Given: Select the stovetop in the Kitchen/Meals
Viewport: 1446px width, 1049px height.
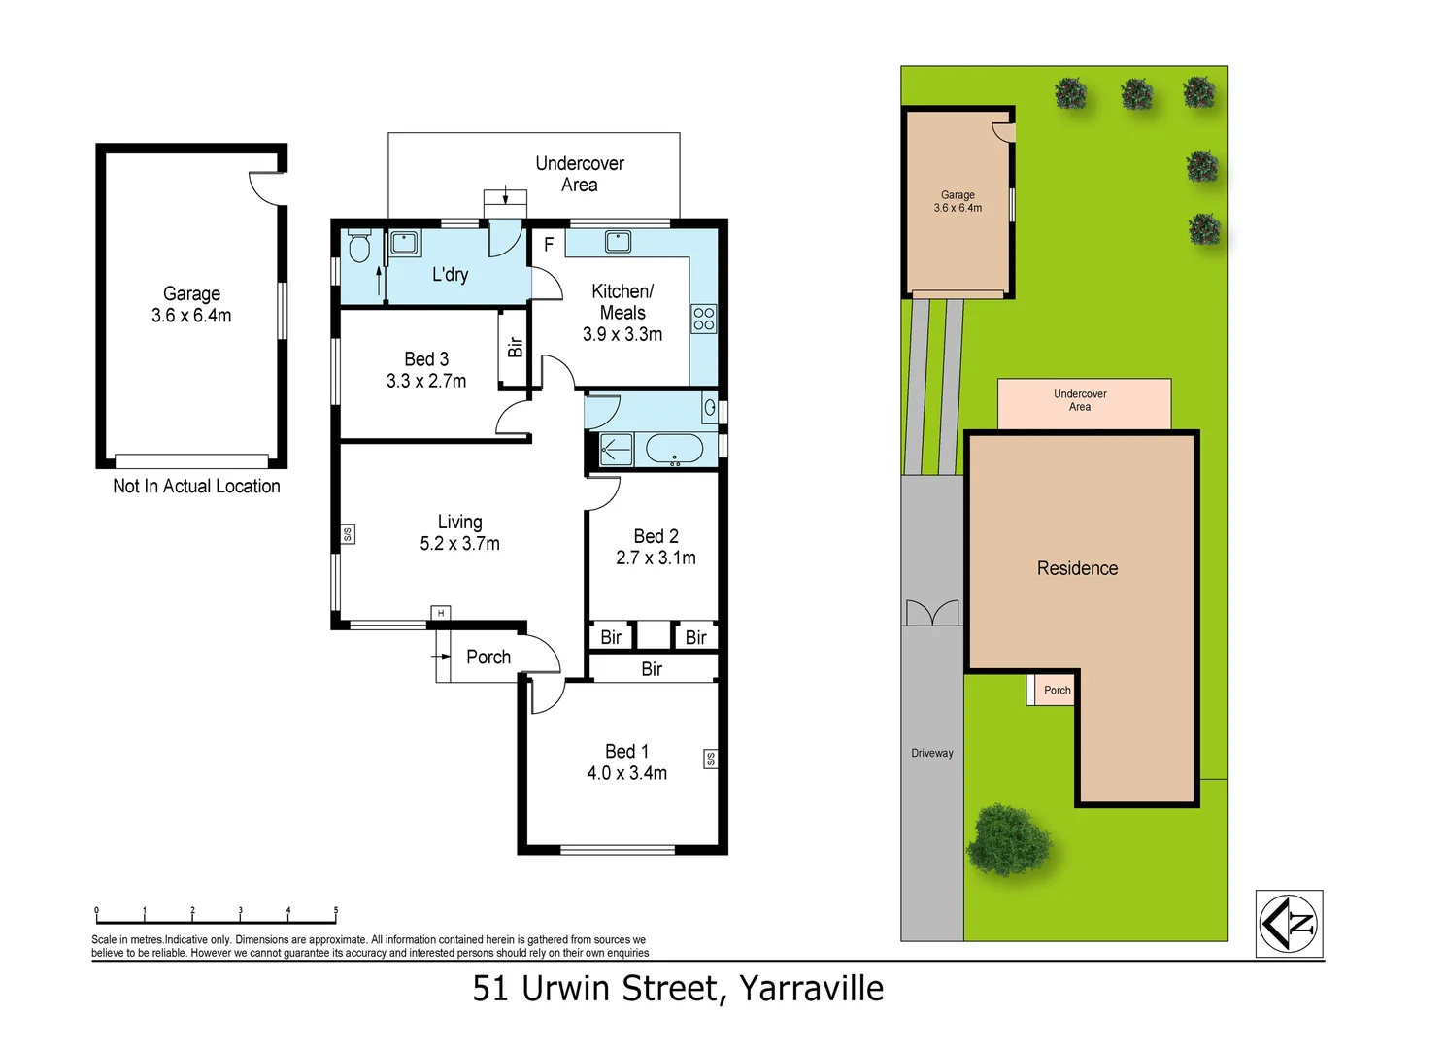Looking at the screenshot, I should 703,319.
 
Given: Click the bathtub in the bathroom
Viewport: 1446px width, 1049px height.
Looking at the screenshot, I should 674,450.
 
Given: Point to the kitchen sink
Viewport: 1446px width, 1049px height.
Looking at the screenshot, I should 618,241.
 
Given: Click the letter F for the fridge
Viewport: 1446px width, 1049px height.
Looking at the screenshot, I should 549,245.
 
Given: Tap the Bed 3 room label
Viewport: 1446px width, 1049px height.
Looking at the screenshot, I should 426,359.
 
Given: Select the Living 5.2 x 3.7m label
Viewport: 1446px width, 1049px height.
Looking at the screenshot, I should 459,533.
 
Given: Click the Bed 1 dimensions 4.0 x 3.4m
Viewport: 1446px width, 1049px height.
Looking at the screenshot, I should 626,773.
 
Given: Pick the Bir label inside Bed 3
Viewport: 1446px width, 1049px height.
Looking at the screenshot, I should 515,347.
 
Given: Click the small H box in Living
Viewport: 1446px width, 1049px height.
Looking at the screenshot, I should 441,613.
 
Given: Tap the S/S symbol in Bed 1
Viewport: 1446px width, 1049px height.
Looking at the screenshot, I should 710,759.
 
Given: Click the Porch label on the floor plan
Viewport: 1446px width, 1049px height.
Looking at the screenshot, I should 488,657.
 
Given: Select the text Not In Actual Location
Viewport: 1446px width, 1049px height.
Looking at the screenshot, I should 196,487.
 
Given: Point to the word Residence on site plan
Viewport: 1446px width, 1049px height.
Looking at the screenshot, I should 1077,568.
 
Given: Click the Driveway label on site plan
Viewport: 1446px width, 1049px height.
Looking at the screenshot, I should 931,753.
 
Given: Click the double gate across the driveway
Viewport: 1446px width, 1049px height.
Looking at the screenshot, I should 932,613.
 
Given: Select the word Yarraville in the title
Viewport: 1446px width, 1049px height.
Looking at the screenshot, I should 811,988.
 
